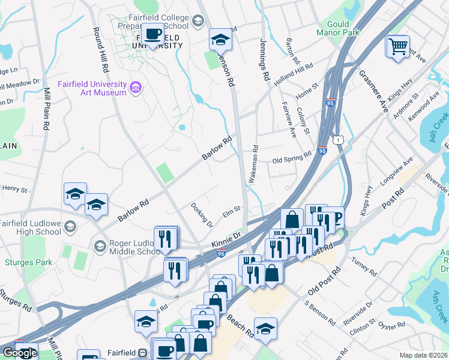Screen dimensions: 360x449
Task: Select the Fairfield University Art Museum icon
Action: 136,89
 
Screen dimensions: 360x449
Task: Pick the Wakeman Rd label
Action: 255,164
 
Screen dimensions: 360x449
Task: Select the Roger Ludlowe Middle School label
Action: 127,248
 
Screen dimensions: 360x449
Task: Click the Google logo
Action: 20,353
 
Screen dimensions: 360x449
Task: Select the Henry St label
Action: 15,190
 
